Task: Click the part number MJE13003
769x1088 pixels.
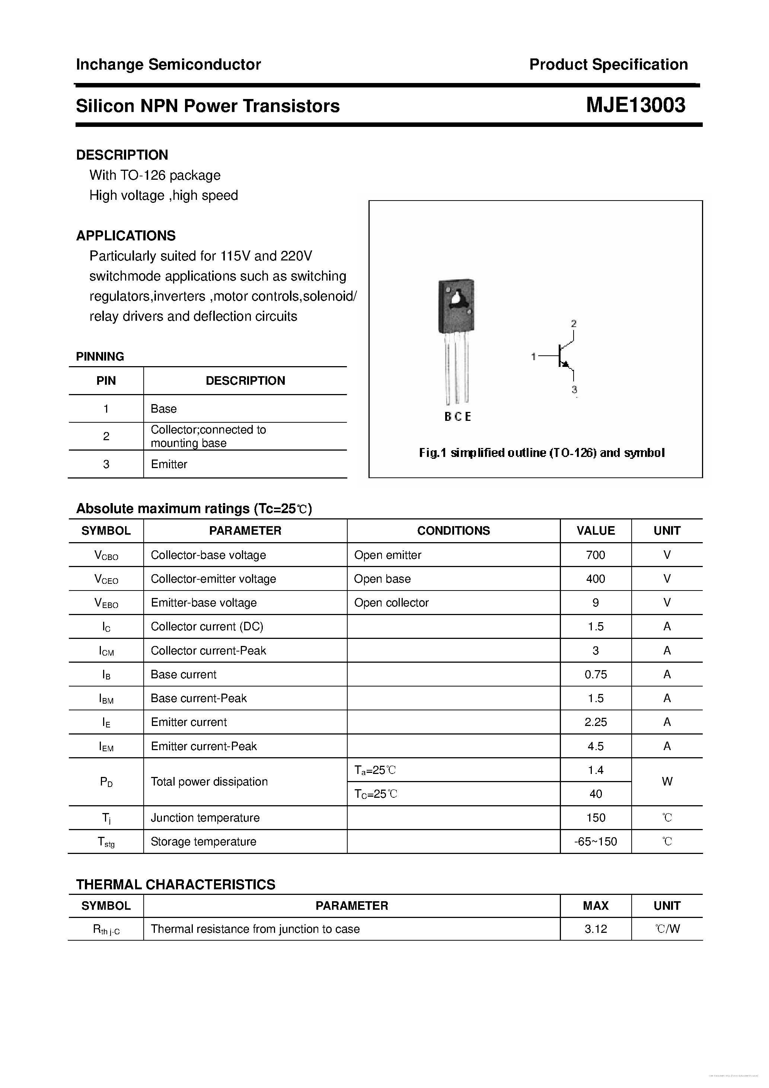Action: (635, 105)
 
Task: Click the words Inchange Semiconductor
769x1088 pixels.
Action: (168, 64)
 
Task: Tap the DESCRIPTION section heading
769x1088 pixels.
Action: (122, 155)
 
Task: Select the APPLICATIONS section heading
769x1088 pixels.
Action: (126, 236)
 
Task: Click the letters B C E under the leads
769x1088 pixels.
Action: (457, 416)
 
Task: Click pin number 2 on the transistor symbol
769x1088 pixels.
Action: (574, 324)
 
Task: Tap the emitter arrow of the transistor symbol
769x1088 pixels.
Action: (565, 364)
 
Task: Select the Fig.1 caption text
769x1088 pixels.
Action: (542, 452)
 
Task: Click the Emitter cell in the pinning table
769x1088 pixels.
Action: (169, 464)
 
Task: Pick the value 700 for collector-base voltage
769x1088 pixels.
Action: (596, 555)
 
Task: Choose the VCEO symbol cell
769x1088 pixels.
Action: (106, 579)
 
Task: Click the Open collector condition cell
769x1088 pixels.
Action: (391, 603)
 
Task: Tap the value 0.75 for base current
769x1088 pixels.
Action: (596, 674)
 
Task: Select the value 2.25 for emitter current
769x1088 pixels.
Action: (596, 722)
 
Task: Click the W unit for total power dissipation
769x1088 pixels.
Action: (667, 781)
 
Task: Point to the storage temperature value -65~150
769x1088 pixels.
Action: (596, 842)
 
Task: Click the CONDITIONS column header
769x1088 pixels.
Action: (453, 531)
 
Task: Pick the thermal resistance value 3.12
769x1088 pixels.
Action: (596, 929)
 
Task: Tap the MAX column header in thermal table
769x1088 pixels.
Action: (596, 906)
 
